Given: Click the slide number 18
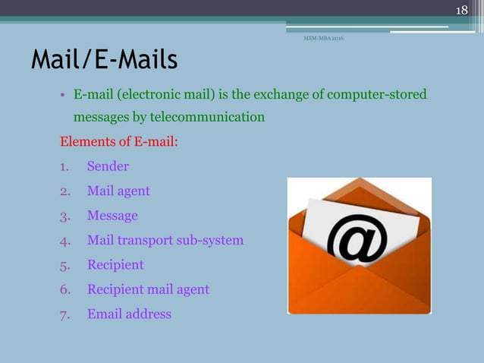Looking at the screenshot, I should tap(462, 10).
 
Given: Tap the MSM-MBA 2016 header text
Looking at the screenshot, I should tap(323, 38).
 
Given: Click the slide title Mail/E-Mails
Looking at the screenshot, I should tap(104, 59).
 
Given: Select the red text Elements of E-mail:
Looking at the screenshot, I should tap(119, 142).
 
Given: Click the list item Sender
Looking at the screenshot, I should tap(108, 166).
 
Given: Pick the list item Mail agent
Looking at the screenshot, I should tap(118, 191).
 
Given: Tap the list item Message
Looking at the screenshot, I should tap(112, 216).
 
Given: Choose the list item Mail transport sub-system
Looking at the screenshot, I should tap(165, 240).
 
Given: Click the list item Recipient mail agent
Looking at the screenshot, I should tap(148, 289).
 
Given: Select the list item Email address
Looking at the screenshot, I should tap(129, 314).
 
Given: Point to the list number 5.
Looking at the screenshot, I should tap(64, 265).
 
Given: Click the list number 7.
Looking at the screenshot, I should tap(64, 314).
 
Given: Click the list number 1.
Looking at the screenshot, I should tap(64, 166).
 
